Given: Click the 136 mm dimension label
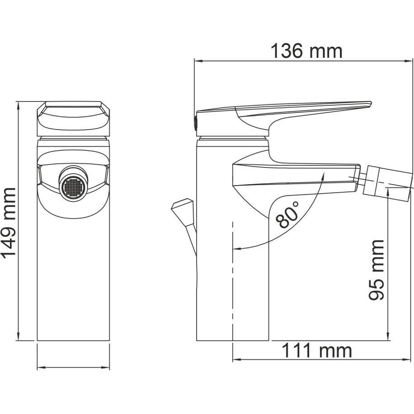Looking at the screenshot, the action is coord(306,51).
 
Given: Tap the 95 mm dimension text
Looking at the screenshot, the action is coord(376,270).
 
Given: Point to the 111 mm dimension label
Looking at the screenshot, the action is coord(316,351).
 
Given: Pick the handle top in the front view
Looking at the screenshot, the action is coord(73,116).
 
